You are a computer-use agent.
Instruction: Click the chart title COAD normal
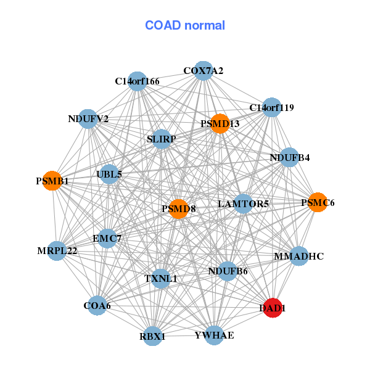coord(185,26)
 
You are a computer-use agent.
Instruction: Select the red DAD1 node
coord(273,306)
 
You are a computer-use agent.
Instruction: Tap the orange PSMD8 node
coord(179,209)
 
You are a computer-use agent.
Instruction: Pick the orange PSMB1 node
coord(52,181)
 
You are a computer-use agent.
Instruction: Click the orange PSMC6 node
coord(318,202)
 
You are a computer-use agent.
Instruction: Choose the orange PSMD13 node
coord(220,123)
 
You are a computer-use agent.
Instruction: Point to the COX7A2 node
coord(203,71)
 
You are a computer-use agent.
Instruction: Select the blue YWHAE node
coord(214,335)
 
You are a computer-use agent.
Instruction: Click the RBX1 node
coord(153,336)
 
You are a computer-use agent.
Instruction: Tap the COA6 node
coord(97,305)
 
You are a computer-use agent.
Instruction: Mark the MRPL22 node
coord(57,250)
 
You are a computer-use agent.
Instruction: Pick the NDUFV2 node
coord(88,118)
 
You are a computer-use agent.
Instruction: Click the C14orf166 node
coord(138,81)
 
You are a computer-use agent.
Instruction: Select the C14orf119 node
coord(271,107)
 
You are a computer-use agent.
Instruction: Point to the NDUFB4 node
coord(289,157)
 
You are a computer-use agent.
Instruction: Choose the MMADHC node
coord(298,255)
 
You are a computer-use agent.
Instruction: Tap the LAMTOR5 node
coord(244,203)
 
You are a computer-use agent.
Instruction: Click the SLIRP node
coord(162,139)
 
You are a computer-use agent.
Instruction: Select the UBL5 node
coord(109,174)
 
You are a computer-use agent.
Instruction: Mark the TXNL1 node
coord(160,278)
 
